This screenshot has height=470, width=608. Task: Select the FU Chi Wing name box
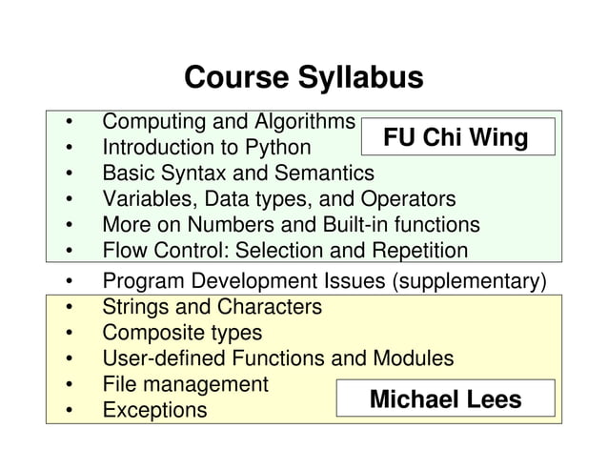456,138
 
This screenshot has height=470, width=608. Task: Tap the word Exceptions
154,410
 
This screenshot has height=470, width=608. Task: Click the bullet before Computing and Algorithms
70,123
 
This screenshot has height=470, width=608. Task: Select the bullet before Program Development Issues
70,282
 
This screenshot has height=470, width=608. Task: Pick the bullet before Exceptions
70,411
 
